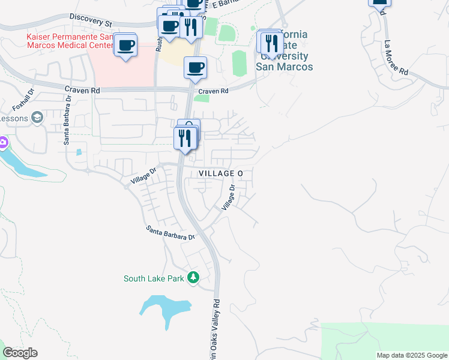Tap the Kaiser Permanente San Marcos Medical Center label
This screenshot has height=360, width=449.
[69, 41]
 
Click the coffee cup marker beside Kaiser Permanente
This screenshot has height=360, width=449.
[125, 45]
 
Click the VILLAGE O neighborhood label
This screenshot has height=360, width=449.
[220, 173]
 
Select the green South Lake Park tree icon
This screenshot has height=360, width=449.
[193, 277]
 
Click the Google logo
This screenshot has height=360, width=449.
[20, 353]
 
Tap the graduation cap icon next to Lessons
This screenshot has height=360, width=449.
[38, 117]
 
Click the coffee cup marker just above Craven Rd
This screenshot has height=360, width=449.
[194, 68]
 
